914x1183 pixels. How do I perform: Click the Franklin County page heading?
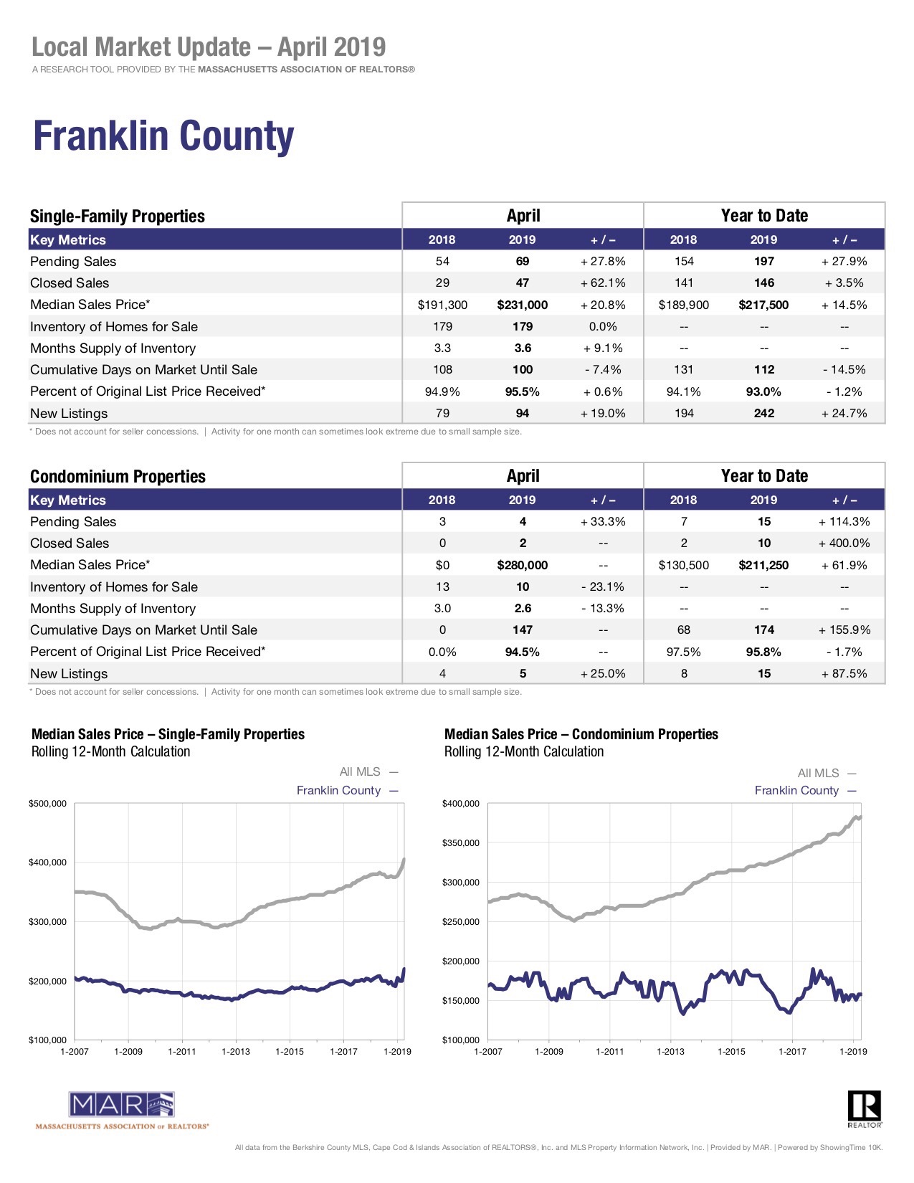coord(163,136)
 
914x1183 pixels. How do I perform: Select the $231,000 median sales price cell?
coord(522,305)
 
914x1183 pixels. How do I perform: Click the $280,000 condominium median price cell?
coord(522,565)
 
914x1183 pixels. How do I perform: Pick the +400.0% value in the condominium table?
coord(844,543)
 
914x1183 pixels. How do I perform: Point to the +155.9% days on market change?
coord(844,630)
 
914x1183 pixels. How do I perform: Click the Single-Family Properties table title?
coord(117,217)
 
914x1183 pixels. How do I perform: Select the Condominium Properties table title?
coord(118,477)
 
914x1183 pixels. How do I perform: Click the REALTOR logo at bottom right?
coord(864,1108)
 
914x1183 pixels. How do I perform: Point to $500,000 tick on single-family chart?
coord(47,804)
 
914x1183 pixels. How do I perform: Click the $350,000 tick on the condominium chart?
coord(461,843)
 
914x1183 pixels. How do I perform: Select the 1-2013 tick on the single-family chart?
coord(236,1052)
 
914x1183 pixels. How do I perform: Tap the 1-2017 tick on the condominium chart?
coord(792,1052)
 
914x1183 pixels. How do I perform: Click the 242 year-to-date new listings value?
coord(763,414)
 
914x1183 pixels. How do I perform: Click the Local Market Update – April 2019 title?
coord(209,47)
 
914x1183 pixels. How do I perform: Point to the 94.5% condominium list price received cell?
coord(522,652)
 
